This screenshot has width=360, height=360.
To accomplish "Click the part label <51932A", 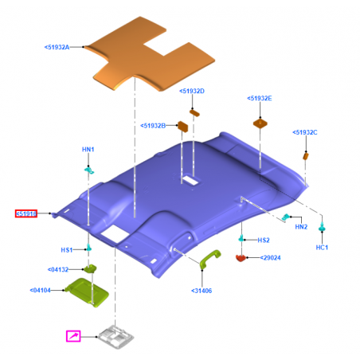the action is (57, 47).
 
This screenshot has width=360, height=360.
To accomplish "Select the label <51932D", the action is (192, 91).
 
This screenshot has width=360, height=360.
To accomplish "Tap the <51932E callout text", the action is (260, 98).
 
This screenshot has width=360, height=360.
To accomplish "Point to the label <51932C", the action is (305, 132).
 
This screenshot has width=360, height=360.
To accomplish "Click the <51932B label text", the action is (153, 126).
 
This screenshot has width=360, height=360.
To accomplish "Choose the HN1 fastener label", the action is (88, 150).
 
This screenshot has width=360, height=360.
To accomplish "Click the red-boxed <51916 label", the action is (26, 213).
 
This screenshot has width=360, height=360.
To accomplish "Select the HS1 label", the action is (67, 250).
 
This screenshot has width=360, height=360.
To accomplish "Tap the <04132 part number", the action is (58, 269).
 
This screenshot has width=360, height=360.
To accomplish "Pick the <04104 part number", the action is (40, 290).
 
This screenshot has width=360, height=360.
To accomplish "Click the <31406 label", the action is (202, 291).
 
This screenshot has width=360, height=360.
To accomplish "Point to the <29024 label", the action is (270, 258).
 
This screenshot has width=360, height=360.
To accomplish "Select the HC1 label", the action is (322, 248).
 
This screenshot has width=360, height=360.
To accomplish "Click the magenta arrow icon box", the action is (73, 336).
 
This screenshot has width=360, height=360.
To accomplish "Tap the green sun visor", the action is (87, 292).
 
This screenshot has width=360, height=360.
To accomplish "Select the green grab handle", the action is (209, 257).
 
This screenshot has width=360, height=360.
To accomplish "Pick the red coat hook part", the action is (241, 258).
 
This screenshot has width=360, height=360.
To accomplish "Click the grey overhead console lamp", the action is (115, 337).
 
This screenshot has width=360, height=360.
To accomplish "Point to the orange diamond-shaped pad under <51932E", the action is (260, 123).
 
